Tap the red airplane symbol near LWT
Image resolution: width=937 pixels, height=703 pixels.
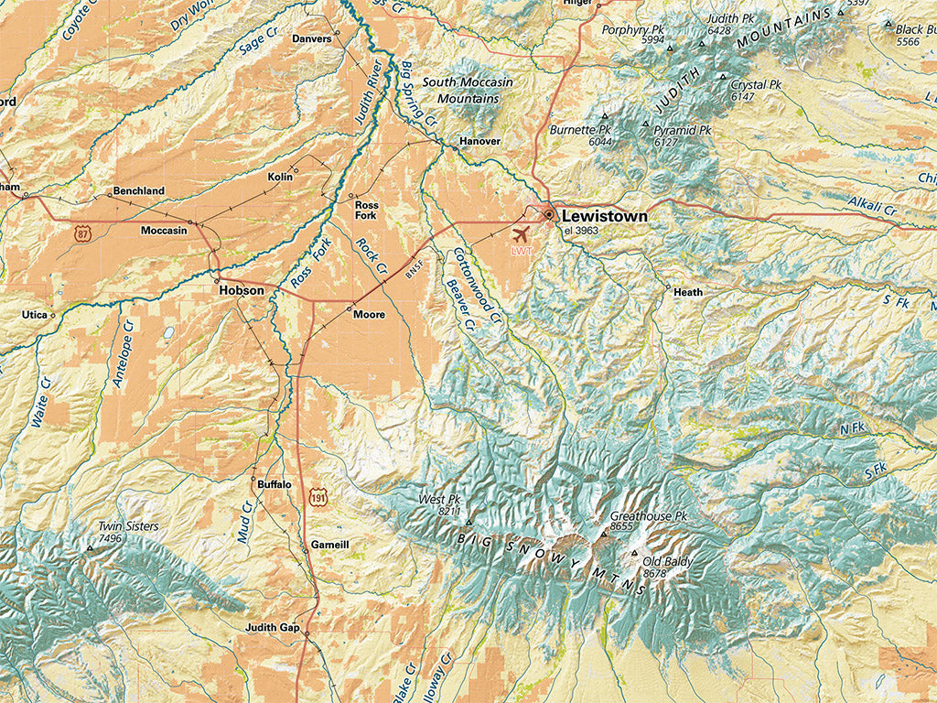522,233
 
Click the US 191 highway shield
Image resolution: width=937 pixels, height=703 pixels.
318,497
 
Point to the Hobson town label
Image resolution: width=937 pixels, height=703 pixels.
242,290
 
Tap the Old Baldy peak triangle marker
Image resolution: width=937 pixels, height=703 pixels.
636,553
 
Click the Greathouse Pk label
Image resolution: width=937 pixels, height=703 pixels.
648,516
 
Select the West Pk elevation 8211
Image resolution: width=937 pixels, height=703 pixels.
448,512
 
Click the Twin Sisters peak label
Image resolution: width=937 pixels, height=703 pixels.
128,526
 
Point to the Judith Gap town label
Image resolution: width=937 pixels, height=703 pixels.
273,628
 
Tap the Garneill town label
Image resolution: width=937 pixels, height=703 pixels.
330,545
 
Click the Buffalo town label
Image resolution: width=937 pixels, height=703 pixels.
275,484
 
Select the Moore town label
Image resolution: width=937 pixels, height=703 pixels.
369,315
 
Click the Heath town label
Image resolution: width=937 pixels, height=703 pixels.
688,293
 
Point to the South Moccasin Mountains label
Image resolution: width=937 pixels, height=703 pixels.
468,90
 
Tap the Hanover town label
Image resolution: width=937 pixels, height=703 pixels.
479,142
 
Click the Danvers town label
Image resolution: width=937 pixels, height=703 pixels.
311,39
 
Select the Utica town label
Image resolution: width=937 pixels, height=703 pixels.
34,315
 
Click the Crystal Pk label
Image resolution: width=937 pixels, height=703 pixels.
756,85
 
